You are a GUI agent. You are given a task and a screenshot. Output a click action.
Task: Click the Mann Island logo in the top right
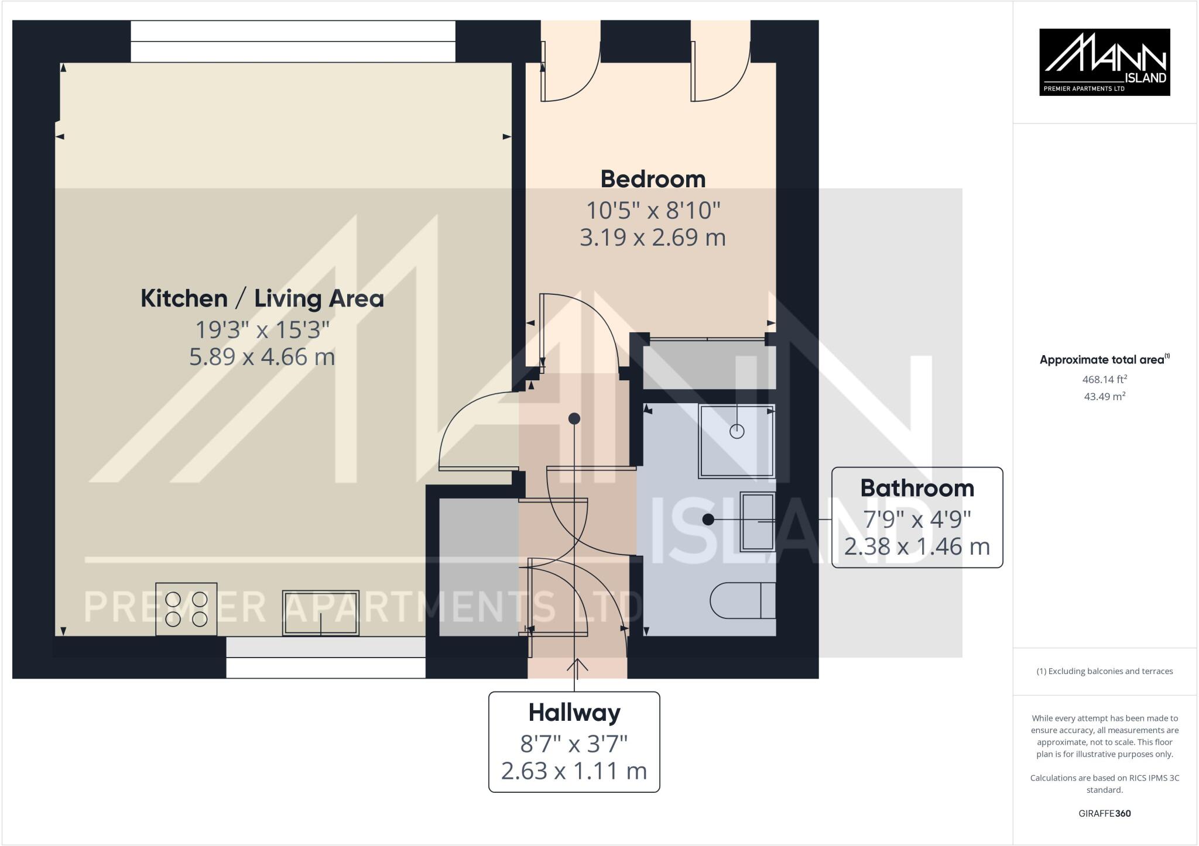click(x=1104, y=62)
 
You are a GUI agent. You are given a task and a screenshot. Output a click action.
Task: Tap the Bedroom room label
click(x=653, y=179)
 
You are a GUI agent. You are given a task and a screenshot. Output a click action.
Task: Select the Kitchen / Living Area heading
click(x=262, y=299)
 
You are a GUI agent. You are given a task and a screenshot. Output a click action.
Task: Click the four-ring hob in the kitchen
click(x=186, y=609)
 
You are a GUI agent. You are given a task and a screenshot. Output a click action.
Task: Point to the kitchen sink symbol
click(x=321, y=613)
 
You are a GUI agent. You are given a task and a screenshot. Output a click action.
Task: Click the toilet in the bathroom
click(x=742, y=600)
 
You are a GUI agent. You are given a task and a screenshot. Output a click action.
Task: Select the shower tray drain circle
click(x=736, y=432)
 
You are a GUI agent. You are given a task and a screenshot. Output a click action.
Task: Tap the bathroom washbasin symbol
click(x=758, y=521)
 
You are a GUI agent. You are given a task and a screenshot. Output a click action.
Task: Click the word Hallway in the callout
click(x=574, y=713)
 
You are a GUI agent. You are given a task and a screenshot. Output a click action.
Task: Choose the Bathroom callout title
click(x=917, y=488)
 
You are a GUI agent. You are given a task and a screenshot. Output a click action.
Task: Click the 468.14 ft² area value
click(x=1105, y=379)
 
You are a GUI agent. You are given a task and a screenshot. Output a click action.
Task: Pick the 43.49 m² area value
click(x=1105, y=396)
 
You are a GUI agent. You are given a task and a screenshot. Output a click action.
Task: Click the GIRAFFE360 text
click(x=1104, y=813)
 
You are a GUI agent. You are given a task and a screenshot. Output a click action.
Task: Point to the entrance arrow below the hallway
click(x=577, y=666)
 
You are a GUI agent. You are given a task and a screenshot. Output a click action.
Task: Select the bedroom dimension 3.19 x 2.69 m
click(x=653, y=238)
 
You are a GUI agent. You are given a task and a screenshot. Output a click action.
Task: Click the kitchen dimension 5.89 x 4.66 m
click(x=262, y=357)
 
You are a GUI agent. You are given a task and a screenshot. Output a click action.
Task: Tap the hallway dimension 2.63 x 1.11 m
click(x=574, y=771)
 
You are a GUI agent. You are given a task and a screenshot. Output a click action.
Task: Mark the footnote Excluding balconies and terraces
click(x=1104, y=671)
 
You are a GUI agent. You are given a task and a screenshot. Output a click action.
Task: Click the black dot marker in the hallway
click(x=574, y=418)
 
